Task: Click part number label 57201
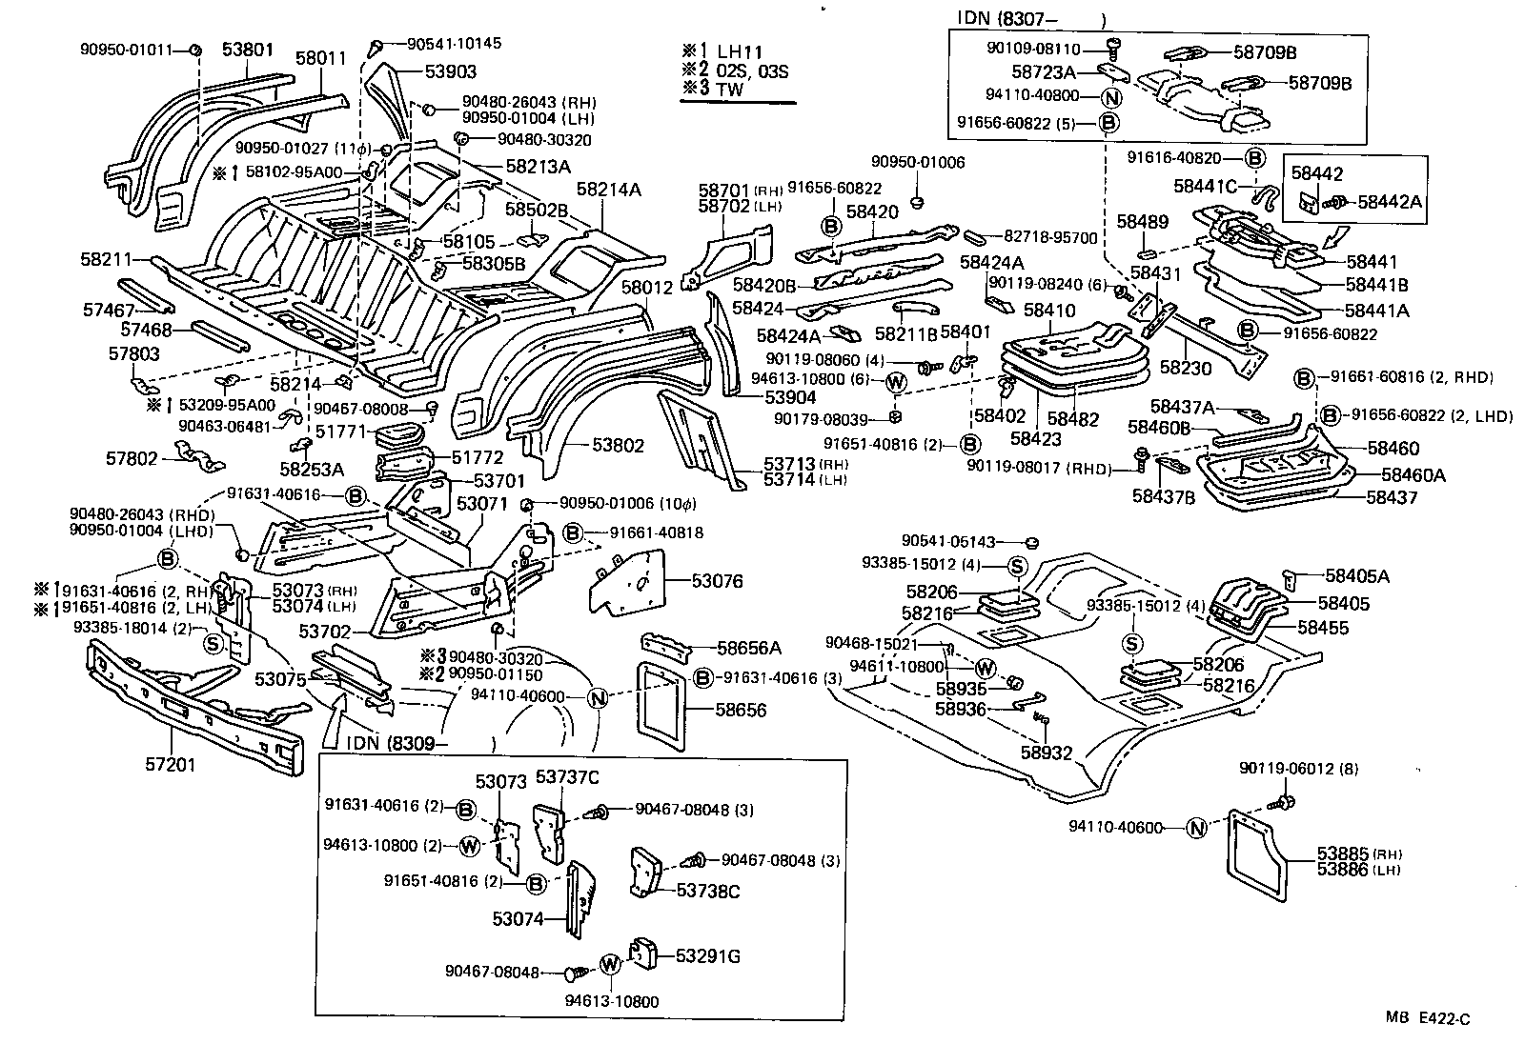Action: (x=172, y=763)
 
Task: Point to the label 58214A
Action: (x=606, y=190)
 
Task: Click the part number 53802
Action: (x=618, y=445)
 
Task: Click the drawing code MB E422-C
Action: (x=1427, y=1019)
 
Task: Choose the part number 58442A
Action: (x=1389, y=201)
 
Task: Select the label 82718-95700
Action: (x=1052, y=237)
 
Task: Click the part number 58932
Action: (x=1047, y=753)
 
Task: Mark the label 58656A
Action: (x=748, y=648)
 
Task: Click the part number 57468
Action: (x=146, y=330)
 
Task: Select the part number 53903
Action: (x=451, y=71)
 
